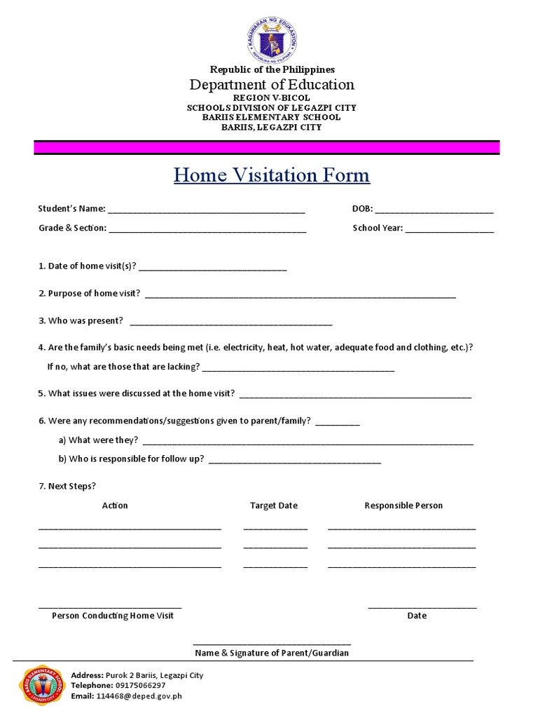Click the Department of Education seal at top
click(273, 39)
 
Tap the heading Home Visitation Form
click(272, 175)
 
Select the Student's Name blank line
click(207, 210)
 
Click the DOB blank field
click(434, 210)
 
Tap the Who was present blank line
click(231, 323)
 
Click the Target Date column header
click(274, 506)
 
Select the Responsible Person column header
click(403, 506)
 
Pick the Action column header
click(115, 506)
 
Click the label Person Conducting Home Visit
click(113, 616)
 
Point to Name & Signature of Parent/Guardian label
click(272, 653)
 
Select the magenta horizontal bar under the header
click(267, 147)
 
